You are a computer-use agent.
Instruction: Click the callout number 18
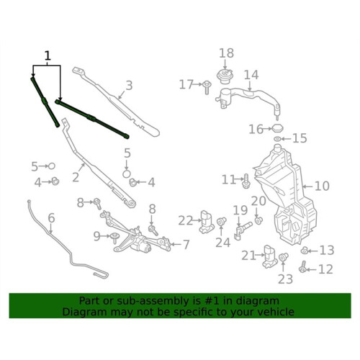click(x=226, y=53)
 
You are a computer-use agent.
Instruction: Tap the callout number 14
click(x=251, y=75)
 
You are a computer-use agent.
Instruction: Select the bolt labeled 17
click(x=207, y=88)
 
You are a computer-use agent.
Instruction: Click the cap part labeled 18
click(x=225, y=76)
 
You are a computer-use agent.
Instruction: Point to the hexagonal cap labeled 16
click(x=278, y=128)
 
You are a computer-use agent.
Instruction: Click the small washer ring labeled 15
click(x=277, y=139)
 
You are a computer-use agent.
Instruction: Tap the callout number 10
click(x=322, y=186)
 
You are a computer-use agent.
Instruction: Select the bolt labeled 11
click(x=247, y=181)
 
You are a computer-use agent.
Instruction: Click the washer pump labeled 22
click(x=207, y=222)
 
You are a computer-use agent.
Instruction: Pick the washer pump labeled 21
click(x=270, y=256)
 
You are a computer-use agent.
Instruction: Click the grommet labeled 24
click(x=221, y=221)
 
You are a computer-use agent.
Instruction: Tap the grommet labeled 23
click(x=284, y=257)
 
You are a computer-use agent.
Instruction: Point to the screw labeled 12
click(x=302, y=267)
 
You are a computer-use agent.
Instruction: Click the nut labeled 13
click(x=305, y=251)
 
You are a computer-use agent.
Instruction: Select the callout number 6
click(x=51, y=218)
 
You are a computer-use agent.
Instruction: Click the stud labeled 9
click(x=115, y=238)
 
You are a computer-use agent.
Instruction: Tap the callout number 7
click(x=186, y=245)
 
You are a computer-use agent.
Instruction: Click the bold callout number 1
click(x=48, y=56)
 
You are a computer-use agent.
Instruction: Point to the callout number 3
click(x=129, y=85)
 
